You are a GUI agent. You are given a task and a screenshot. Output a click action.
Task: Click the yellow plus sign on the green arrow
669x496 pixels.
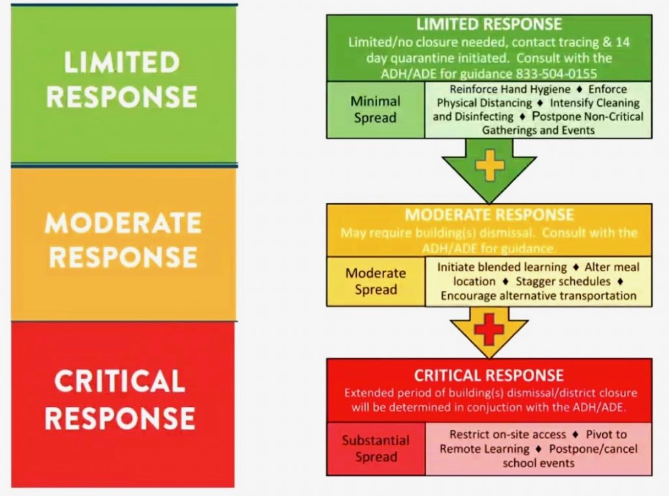(x=489, y=165)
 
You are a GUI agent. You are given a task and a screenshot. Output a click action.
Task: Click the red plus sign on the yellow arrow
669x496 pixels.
(x=489, y=328)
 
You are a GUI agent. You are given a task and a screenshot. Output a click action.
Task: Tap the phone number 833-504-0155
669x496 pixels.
(x=557, y=74)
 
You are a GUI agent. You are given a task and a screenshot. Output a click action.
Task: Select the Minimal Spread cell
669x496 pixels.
(x=376, y=110)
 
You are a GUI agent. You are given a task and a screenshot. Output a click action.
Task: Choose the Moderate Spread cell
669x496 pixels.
(x=376, y=281)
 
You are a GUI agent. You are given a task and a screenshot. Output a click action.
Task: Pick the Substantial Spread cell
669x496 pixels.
(x=376, y=448)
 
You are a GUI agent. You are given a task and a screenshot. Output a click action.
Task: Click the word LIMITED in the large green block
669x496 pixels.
(x=122, y=62)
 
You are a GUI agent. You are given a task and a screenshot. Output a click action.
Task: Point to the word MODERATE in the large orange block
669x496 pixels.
(x=123, y=222)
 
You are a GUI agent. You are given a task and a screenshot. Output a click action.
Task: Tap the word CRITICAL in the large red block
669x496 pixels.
(x=120, y=381)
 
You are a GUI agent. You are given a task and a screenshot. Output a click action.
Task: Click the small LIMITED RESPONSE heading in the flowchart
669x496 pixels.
(x=489, y=24)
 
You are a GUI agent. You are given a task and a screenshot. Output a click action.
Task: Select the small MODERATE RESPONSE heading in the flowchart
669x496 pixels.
(x=489, y=215)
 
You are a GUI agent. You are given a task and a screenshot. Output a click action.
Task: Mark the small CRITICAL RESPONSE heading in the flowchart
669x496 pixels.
(x=489, y=376)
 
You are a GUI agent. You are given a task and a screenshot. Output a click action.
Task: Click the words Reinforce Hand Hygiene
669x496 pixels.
(x=510, y=90)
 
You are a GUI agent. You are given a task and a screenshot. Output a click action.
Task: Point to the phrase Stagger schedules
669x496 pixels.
(x=563, y=281)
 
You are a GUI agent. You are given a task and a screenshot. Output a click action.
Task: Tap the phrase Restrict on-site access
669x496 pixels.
(x=507, y=435)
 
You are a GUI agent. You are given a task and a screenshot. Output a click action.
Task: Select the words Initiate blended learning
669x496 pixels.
(x=502, y=267)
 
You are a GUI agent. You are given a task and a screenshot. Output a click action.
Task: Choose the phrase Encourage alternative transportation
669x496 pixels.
(x=538, y=296)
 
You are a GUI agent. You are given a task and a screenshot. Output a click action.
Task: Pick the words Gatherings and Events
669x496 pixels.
(x=538, y=130)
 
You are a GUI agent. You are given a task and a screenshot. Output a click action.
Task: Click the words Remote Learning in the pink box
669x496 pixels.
(x=484, y=449)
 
